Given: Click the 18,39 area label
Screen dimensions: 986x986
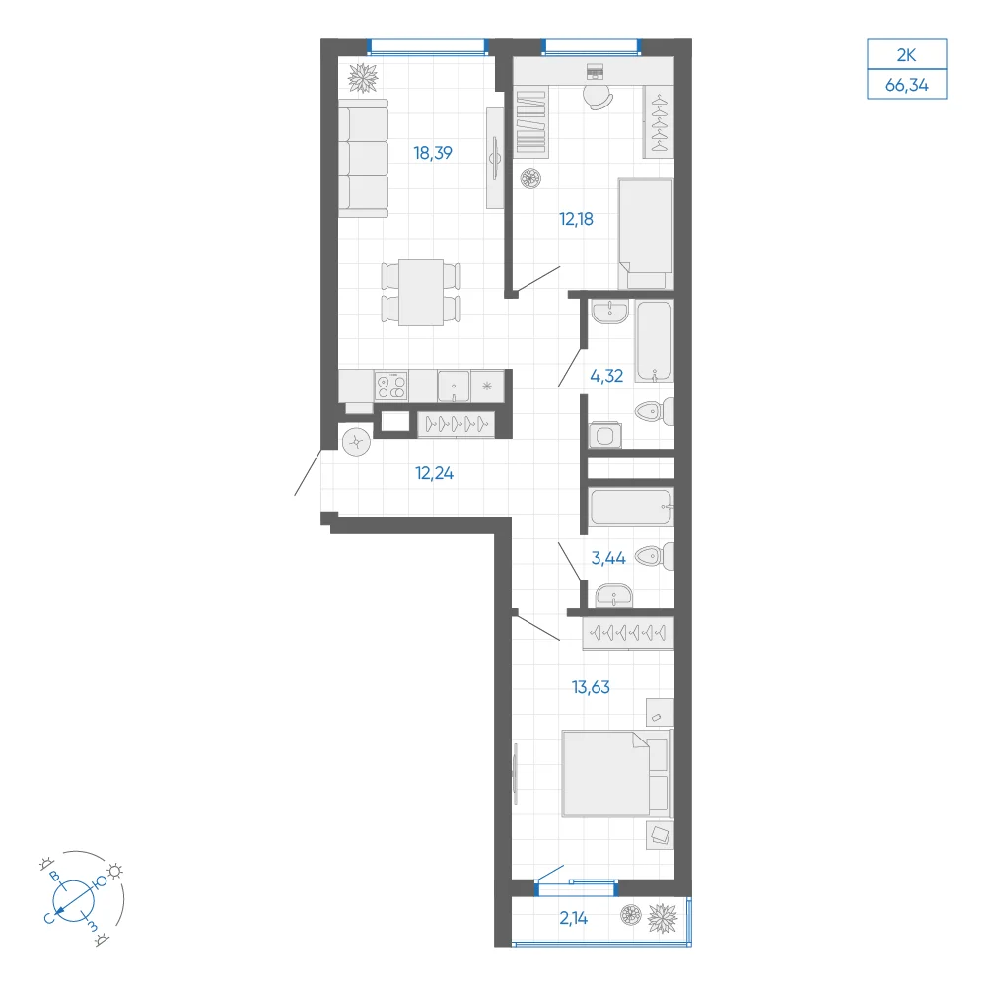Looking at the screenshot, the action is click(433, 153).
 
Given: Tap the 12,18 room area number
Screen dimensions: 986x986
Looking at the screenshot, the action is click(576, 220).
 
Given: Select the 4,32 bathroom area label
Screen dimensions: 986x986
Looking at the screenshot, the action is click(606, 376).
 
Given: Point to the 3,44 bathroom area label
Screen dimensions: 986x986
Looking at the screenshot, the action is click(608, 558).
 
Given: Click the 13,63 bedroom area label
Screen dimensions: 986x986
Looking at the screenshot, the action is click(591, 687).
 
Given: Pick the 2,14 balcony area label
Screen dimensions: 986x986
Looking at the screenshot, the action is click(574, 918).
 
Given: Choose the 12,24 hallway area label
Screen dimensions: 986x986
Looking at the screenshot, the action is click(434, 473).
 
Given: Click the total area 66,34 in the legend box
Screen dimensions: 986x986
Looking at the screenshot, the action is click(906, 85).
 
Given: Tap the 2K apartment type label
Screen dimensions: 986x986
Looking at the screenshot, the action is click(906, 55).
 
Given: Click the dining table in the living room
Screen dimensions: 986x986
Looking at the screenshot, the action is click(421, 293).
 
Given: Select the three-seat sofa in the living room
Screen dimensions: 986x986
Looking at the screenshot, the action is click(363, 158).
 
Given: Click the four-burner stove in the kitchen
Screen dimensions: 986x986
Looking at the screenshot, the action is click(391, 386).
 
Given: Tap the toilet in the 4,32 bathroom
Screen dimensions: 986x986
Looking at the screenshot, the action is click(655, 412).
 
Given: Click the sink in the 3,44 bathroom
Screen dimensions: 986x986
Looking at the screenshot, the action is click(613, 596).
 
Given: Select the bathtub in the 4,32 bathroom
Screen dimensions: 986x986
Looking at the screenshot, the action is click(654, 341).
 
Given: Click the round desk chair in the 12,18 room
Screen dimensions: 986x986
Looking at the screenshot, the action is click(598, 97).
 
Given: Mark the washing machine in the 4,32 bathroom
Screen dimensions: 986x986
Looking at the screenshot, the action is click(605, 435).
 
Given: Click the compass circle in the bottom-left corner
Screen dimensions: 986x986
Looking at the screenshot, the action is click(74, 900).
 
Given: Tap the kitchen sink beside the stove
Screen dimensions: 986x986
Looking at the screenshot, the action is click(454, 386).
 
